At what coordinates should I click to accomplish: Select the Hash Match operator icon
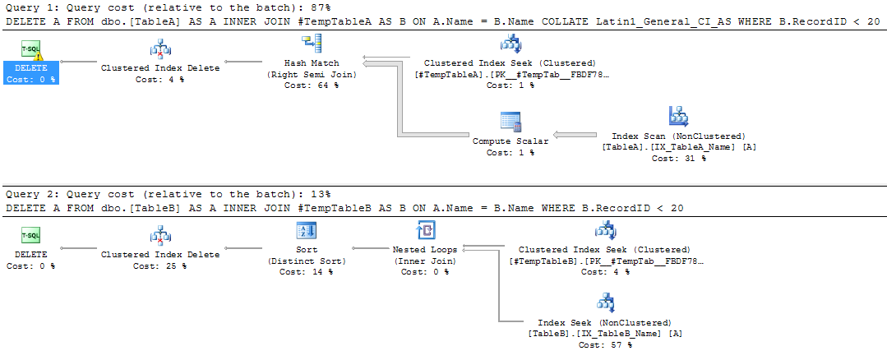tap(312, 44)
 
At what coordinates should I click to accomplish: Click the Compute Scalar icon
tap(510, 122)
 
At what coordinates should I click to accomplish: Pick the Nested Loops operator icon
tap(426, 230)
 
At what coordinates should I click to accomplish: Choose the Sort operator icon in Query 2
tap(306, 230)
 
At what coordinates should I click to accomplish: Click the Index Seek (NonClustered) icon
tap(605, 301)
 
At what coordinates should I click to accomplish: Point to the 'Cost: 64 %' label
tap(312, 85)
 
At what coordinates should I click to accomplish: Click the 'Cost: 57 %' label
tap(605, 345)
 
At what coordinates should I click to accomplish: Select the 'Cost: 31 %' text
tap(678, 159)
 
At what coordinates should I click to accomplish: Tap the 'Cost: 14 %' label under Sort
tap(306, 272)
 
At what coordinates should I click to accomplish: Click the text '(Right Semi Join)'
tap(312, 75)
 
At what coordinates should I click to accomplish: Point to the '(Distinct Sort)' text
tap(306, 261)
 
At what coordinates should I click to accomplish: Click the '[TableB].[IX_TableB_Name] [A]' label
tap(605, 334)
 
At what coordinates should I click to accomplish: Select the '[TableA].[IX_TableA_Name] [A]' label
tap(679, 147)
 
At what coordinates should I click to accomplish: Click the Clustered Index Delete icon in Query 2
tap(160, 236)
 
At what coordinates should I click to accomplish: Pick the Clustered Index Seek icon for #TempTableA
tap(510, 44)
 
